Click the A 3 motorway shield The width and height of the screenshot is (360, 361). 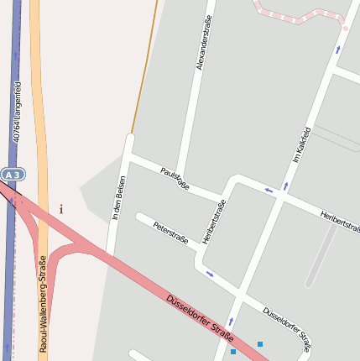click(12, 174)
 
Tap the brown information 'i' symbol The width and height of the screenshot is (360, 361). click(61, 209)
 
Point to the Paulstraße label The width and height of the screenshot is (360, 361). click(175, 178)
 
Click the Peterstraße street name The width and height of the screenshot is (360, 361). click(170, 234)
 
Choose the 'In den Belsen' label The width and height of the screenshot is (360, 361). click(118, 198)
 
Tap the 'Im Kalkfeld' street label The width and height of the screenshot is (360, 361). click(301, 144)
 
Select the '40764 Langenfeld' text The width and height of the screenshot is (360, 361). click(17, 110)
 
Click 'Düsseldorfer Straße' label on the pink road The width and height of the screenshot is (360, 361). click(200, 313)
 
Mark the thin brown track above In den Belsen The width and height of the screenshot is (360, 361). click(145, 67)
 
